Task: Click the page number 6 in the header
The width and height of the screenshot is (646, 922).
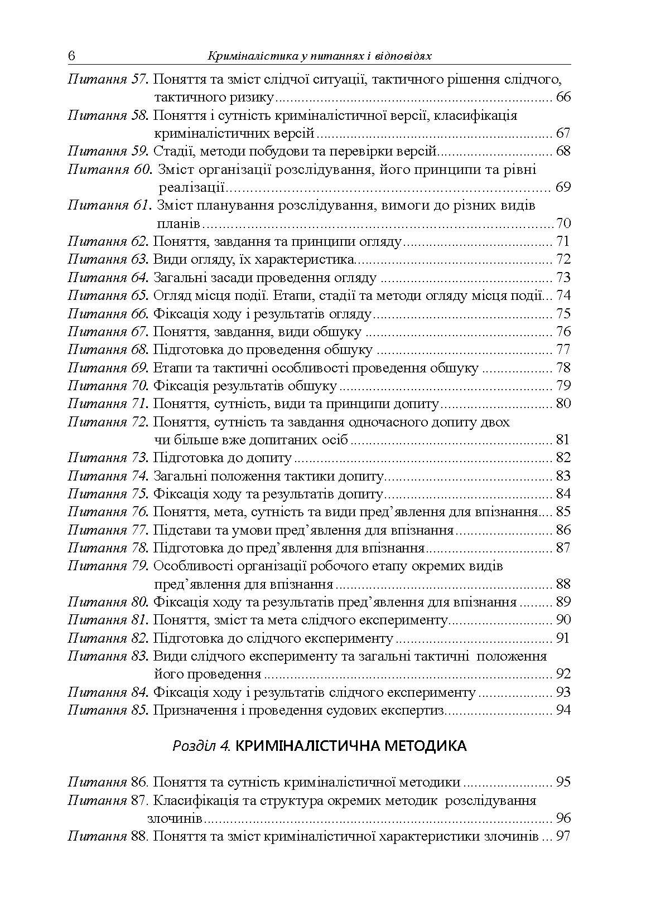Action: click(x=71, y=56)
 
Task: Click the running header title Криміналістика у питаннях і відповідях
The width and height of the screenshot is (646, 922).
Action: click(x=320, y=56)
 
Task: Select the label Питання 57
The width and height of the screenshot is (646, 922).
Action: click(x=108, y=80)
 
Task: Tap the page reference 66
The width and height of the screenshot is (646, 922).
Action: click(x=563, y=98)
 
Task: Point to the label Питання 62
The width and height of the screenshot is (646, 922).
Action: click(x=108, y=242)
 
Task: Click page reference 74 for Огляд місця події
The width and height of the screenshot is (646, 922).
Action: click(x=563, y=295)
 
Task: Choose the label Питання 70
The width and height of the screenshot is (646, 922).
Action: click(x=108, y=386)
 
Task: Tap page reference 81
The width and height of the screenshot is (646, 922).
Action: click(x=563, y=440)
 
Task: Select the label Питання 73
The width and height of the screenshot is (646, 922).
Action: click(x=108, y=458)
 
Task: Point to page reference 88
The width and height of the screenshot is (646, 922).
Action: click(x=563, y=584)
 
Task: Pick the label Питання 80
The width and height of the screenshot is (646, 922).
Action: click(x=108, y=602)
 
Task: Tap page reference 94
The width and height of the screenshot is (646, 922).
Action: click(x=563, y=710)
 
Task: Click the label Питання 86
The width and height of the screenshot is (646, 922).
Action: click(x=108, y=782)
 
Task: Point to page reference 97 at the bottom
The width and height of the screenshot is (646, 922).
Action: click(x=563, y=837)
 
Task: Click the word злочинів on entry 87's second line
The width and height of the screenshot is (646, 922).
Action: click(x=175, y=819)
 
